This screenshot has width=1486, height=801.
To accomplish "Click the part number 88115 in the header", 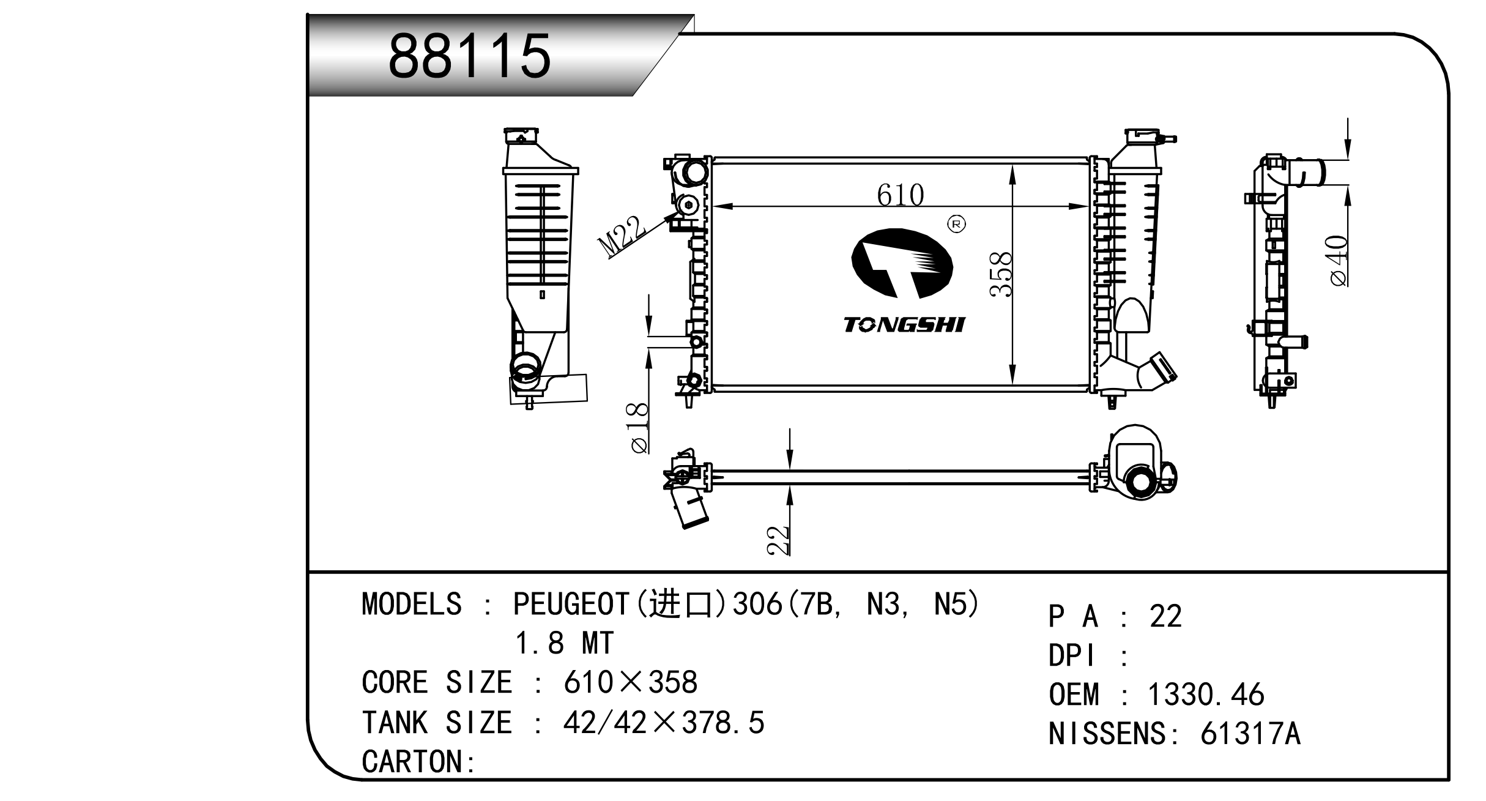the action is coord(470,56).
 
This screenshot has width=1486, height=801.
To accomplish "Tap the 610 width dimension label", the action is coord(900,195).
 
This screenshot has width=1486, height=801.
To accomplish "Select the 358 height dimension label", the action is coord(1001,274).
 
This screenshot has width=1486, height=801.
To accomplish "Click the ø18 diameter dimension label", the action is coord(639,428).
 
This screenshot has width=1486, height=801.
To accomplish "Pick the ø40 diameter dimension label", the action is coord(1339,261).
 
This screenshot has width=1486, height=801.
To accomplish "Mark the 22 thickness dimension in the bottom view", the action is coord(779,540).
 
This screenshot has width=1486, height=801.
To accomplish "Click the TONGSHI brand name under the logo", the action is coord(904,325).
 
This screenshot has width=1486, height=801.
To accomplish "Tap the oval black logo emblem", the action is coord(902,264).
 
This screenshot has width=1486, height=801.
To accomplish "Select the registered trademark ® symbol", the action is coord(956,225).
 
